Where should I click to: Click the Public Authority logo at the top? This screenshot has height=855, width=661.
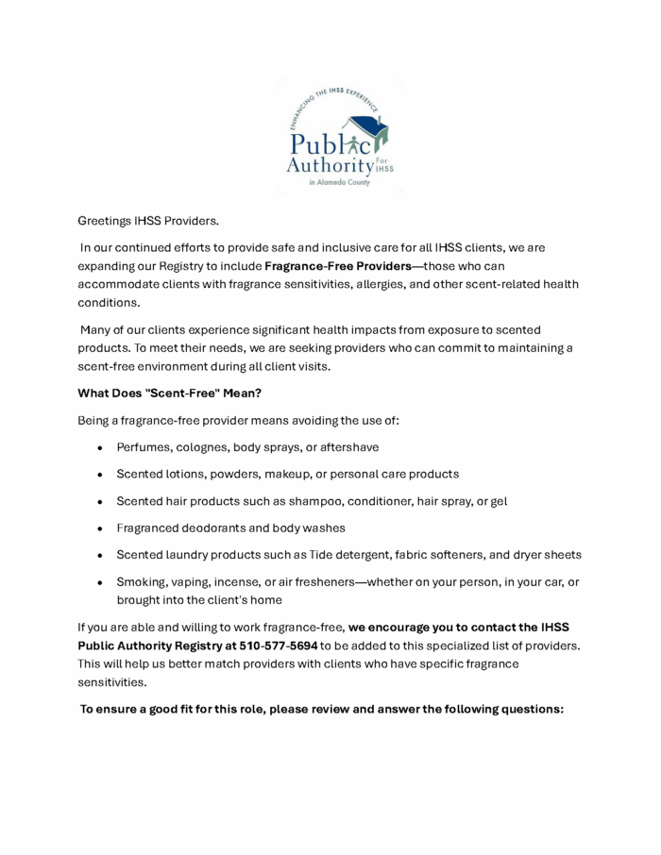pyautogui.click(x=339, y=137)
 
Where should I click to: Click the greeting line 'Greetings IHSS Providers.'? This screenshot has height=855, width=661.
pyautogui.click(x=148, y=221)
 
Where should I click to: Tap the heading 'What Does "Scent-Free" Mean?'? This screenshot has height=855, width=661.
pyautogui.click(x=169, y=393)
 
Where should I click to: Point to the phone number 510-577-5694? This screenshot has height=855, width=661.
pyautogui.click(x=279, y=645)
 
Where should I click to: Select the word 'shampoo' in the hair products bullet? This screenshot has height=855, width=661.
pyautogui.click(x=347, y=501)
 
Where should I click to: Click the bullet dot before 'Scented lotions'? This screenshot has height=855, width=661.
pyautogui.click(x=99, y=475)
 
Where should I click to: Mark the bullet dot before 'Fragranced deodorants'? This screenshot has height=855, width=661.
pyautogui.click(x=99, y=529)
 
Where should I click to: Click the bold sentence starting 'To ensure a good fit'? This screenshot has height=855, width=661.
pyautogui.click(x=322, y=709)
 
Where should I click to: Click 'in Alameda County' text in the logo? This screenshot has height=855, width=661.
pyautogui.click(x=339, y=183)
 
